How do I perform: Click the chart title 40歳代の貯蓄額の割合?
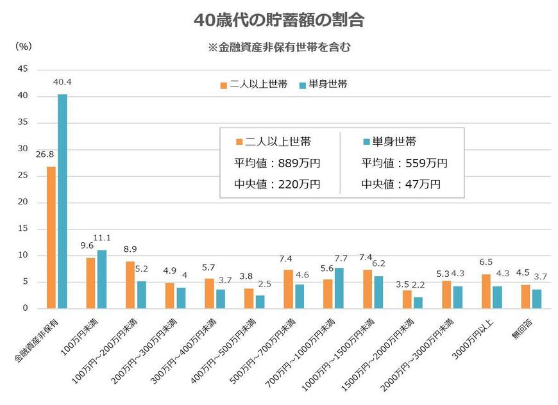(x=279, y=21)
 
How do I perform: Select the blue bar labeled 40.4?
(x=62, y=201)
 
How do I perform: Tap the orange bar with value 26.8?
(x=51, y=237)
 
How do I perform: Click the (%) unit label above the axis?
(x=22, y=47)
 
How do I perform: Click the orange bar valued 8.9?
(x=130, y=285)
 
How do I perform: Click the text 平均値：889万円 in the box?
(x=278, y=163)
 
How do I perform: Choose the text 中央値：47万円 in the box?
(x=401, y=185)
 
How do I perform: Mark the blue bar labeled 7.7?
(x=339, y=288)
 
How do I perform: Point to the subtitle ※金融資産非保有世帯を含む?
(x=278, y=47)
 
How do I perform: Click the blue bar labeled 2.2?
(x=418, y=302)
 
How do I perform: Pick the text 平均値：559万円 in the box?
(x=404, y=163)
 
